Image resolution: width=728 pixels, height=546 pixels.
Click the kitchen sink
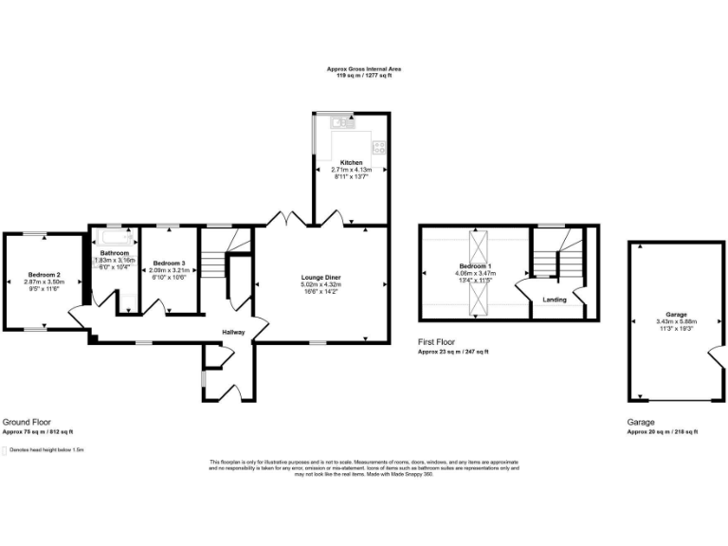pyautogui.click(x=339, y=122)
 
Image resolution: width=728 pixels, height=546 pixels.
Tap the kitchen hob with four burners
pyautogui.click(x=379, y=147)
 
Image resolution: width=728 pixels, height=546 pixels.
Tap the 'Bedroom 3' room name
pyautogui.click(x=170, y=262)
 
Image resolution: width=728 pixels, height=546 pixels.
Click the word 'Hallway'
pyautogui.click(x=234, y=332)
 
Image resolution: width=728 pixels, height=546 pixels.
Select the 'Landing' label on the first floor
pyautogui.click(x=555, y=300)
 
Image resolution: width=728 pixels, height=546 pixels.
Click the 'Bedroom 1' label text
pyautogui.click(x=477, y=266)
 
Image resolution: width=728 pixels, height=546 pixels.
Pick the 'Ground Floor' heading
pyautogui.click(x=27, y=422)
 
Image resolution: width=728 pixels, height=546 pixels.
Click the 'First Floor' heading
pyautogui.click(x=442, y=342)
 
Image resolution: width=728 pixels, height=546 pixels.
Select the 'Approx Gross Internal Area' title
pyautogui.click(x=363, y=69)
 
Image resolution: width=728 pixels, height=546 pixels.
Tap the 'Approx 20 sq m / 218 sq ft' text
pyautogui.click(x=662, y=431)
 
